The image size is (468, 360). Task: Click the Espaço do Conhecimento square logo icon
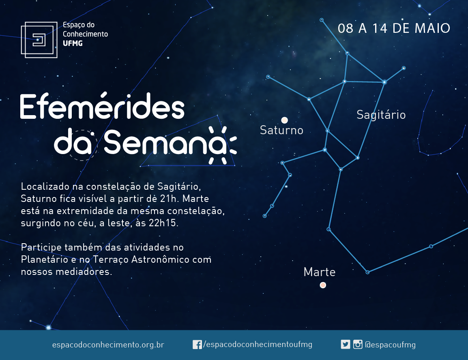coord(39,40)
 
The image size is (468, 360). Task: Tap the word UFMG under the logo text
coord(73,43)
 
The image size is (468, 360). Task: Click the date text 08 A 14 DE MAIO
coord(394,28)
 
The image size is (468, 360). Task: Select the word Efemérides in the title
coord(102,106)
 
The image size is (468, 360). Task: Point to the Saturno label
coord(281,131)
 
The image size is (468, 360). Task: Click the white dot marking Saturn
coord(284,120)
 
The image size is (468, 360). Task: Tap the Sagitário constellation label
coord(381,115)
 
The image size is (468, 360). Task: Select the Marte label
coord(319,272)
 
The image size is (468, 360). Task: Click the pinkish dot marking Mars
coord(323,285)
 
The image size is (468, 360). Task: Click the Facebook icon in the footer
coord(197,345)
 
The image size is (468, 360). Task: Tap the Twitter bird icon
coord(346,345)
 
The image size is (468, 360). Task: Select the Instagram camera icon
coord(358,345)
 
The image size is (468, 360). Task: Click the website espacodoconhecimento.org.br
coord(108,345)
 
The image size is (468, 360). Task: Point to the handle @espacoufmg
coord(390,345)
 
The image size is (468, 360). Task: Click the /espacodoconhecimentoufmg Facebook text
coord(258,345)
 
